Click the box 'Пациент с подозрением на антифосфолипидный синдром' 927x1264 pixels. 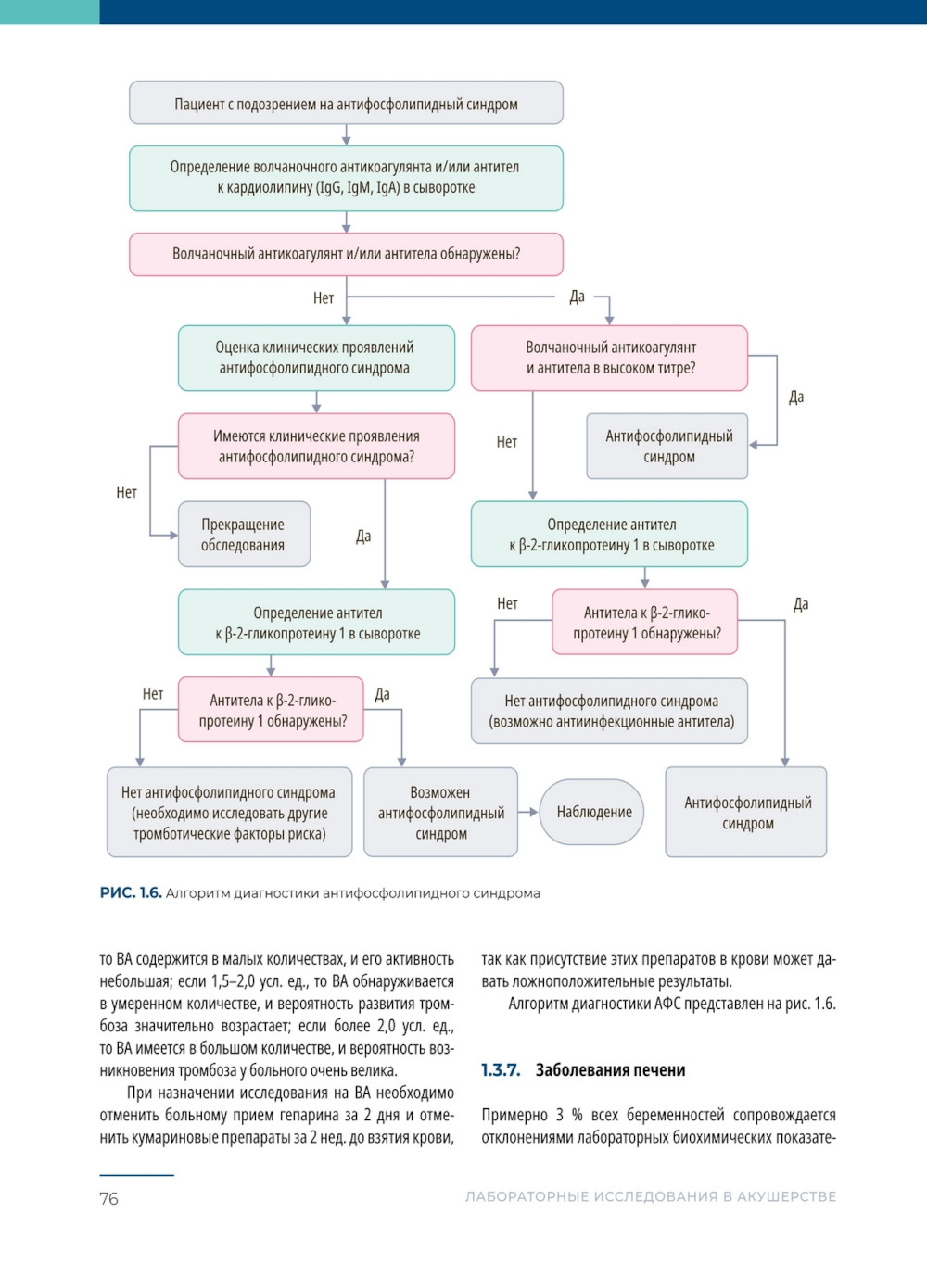point(346,103)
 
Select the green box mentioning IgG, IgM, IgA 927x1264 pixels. point(346,178)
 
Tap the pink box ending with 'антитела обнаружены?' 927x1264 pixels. point(346,254)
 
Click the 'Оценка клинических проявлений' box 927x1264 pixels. point(316,358)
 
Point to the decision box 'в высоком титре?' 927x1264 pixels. point(609,358)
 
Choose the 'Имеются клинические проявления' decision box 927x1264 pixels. point(316,446)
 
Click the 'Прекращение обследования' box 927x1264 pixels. point(244,535)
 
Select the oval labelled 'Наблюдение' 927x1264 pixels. point(593,812)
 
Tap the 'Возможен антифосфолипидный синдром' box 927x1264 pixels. point(440,813)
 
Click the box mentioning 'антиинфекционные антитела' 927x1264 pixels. point(610,712)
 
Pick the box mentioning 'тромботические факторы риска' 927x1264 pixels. point(229,813)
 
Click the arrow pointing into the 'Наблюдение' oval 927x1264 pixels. point(528,812)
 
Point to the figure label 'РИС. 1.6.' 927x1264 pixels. point(131,893)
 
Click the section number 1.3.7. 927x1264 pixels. point(501,1070)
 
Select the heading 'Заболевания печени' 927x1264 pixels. point(610,1070)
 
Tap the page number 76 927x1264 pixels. point(108,1198)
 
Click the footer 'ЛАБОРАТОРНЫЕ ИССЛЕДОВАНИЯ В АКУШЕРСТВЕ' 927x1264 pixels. point(650,1197)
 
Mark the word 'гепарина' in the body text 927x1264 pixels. point(302,1115)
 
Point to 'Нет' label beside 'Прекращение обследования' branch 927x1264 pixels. point(126,492)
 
